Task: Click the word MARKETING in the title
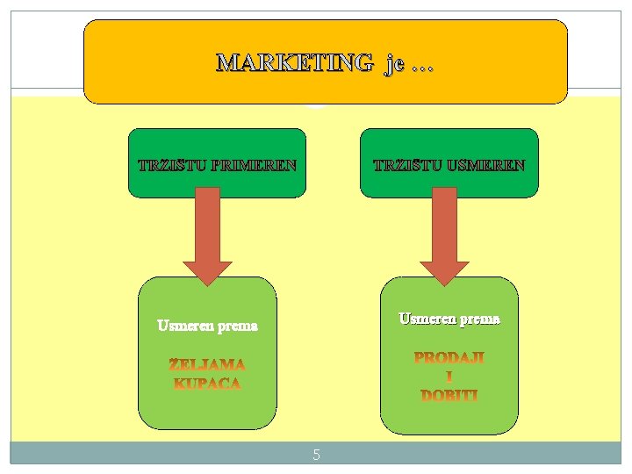click(295, 63)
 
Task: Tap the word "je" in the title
click(392, 63)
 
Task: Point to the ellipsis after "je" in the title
click(421, 66)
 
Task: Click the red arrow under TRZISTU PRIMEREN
click(207, 237)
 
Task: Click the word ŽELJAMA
click(207, 363)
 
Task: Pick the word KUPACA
click(207, 384)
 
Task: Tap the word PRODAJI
click(449, 358)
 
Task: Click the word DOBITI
click(449, 396)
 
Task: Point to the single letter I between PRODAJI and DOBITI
click(449, 377)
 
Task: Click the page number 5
click(316, 455)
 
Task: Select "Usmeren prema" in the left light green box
click(207, 326)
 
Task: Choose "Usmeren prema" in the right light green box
click(449, 319)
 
